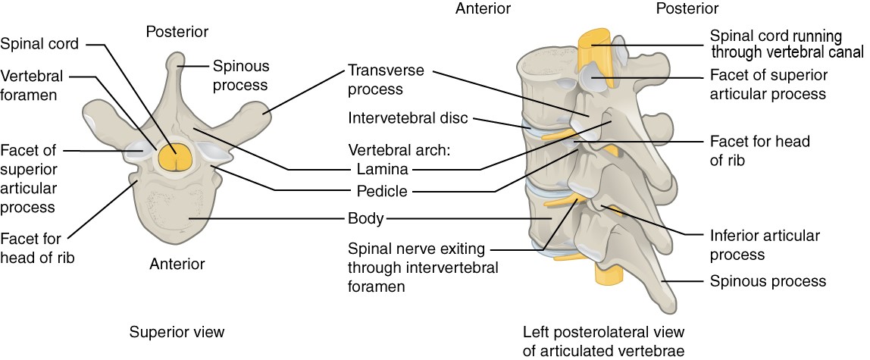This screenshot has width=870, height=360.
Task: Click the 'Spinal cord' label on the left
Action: click(39, 44)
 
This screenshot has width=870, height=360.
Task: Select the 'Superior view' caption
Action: click(177, 332)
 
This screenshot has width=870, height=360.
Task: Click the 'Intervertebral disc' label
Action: click(408, 119)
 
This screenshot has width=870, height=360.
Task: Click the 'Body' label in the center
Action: click(365, 220)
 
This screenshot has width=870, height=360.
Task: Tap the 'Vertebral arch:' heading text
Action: click(399, 149)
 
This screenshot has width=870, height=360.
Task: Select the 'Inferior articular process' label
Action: click(764, 245)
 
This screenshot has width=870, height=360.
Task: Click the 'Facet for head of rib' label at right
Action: click(747, 150)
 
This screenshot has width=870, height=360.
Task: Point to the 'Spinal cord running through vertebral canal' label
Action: click(786, 45)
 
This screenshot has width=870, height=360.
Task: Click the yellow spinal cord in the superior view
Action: click(176, 157)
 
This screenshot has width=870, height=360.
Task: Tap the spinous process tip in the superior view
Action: click(176, 59)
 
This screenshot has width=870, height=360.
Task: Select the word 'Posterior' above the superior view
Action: click(176, 32)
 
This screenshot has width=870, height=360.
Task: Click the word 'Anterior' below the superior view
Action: click(176, 264)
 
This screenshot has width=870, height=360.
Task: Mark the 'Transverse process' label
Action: click(385, 80)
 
